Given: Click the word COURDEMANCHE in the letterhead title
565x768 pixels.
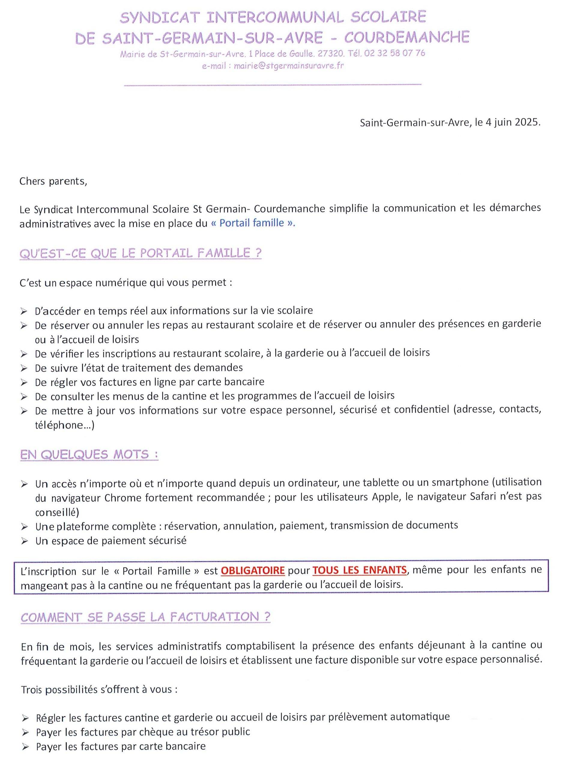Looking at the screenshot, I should [407, 37].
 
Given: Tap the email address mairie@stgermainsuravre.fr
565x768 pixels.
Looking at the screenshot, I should [289, 66].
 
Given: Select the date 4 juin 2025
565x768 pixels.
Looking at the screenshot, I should [513, 123].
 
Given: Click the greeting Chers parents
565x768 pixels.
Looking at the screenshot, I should [53, 181].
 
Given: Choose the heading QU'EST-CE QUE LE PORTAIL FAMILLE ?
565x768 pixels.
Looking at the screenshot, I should [140, 253].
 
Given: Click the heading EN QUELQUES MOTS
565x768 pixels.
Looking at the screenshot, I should [89, 454].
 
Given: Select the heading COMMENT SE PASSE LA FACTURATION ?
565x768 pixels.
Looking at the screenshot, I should [145, 617].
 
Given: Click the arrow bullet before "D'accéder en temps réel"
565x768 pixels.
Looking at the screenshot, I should [24, 311].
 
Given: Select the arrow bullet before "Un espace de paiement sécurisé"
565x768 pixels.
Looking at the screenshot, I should [24, 541].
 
